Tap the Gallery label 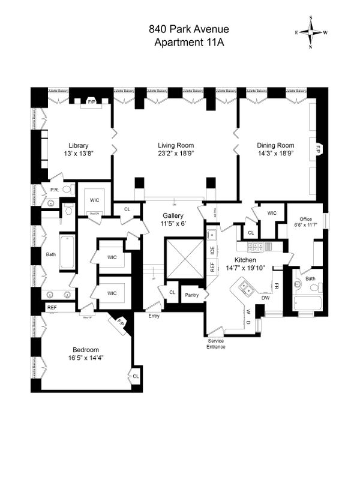click(173, 216)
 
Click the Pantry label click(192, 295)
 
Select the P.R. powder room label click(54, 190)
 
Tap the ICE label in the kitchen click(212, 250)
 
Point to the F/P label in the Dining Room click(318, 147)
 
